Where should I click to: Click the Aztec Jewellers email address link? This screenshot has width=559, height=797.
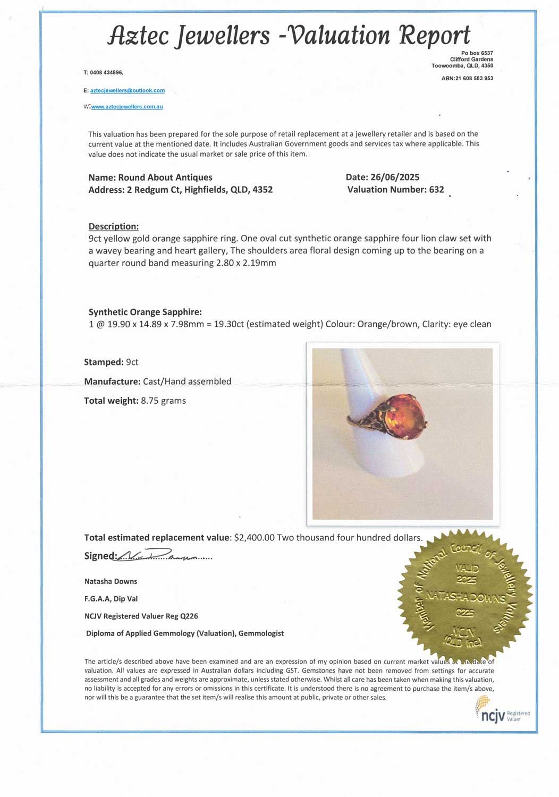coord(128,91)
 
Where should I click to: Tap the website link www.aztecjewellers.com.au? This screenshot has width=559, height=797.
coord(127,107)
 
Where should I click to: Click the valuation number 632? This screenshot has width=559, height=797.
coord(436,190)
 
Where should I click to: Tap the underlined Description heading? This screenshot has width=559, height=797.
coord(113,226)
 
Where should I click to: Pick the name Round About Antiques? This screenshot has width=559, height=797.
coord(165,177)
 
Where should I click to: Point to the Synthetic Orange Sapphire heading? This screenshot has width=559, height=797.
coord(145,312)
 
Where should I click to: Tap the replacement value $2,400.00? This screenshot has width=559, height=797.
coord(254,538)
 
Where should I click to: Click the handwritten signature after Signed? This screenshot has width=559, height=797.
coord(159,556)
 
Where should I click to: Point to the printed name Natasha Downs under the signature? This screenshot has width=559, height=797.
coord(111,581)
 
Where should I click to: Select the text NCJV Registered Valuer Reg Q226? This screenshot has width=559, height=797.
coord(141,616)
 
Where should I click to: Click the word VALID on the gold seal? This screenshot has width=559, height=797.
coord(467,569)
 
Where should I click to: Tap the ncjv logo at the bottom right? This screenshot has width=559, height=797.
coord(493,716)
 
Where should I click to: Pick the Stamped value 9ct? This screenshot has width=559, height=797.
coord(132,362)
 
